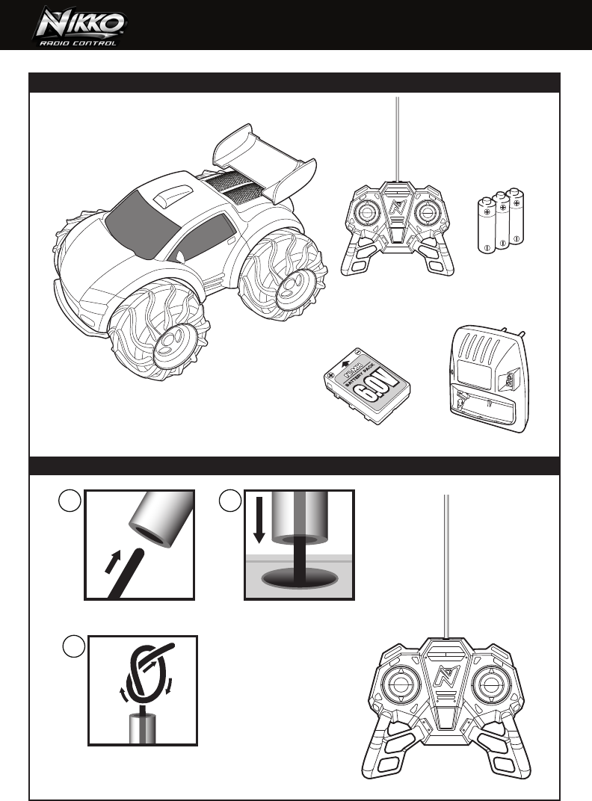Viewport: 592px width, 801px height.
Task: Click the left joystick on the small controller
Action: coord(367,214)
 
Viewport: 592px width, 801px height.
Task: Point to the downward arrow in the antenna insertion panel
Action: coord(259,519)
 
